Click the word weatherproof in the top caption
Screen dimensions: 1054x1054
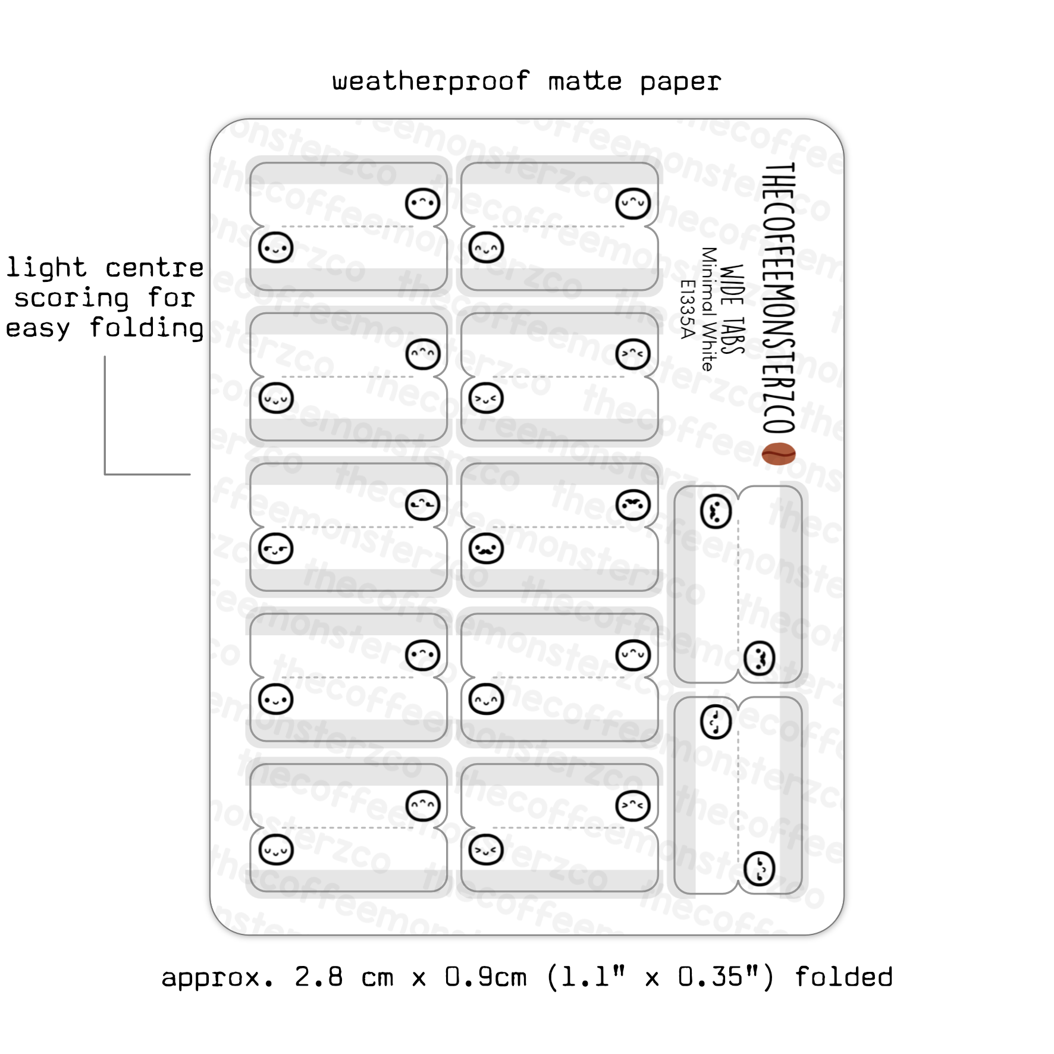[x=431, y=81]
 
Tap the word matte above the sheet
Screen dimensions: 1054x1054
[x=585, y=81]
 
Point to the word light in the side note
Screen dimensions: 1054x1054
[x=46, y=268]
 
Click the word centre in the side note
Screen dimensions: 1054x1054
[x=155, y=268]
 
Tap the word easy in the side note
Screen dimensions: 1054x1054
[x=37, y=328]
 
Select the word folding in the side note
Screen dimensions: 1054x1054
[x=146, y=328]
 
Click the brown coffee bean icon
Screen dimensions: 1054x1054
[x=779, y=454]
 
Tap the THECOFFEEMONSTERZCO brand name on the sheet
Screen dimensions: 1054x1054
[x=779, y=297]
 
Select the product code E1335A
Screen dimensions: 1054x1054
[x=688, y=309]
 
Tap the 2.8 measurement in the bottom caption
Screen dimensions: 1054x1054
[x=318, y=977]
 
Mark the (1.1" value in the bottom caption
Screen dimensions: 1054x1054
[x=586, y=977]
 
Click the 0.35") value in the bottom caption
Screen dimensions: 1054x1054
[x=726, y=977]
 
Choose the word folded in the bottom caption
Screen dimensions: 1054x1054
[x=843, y=977]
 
